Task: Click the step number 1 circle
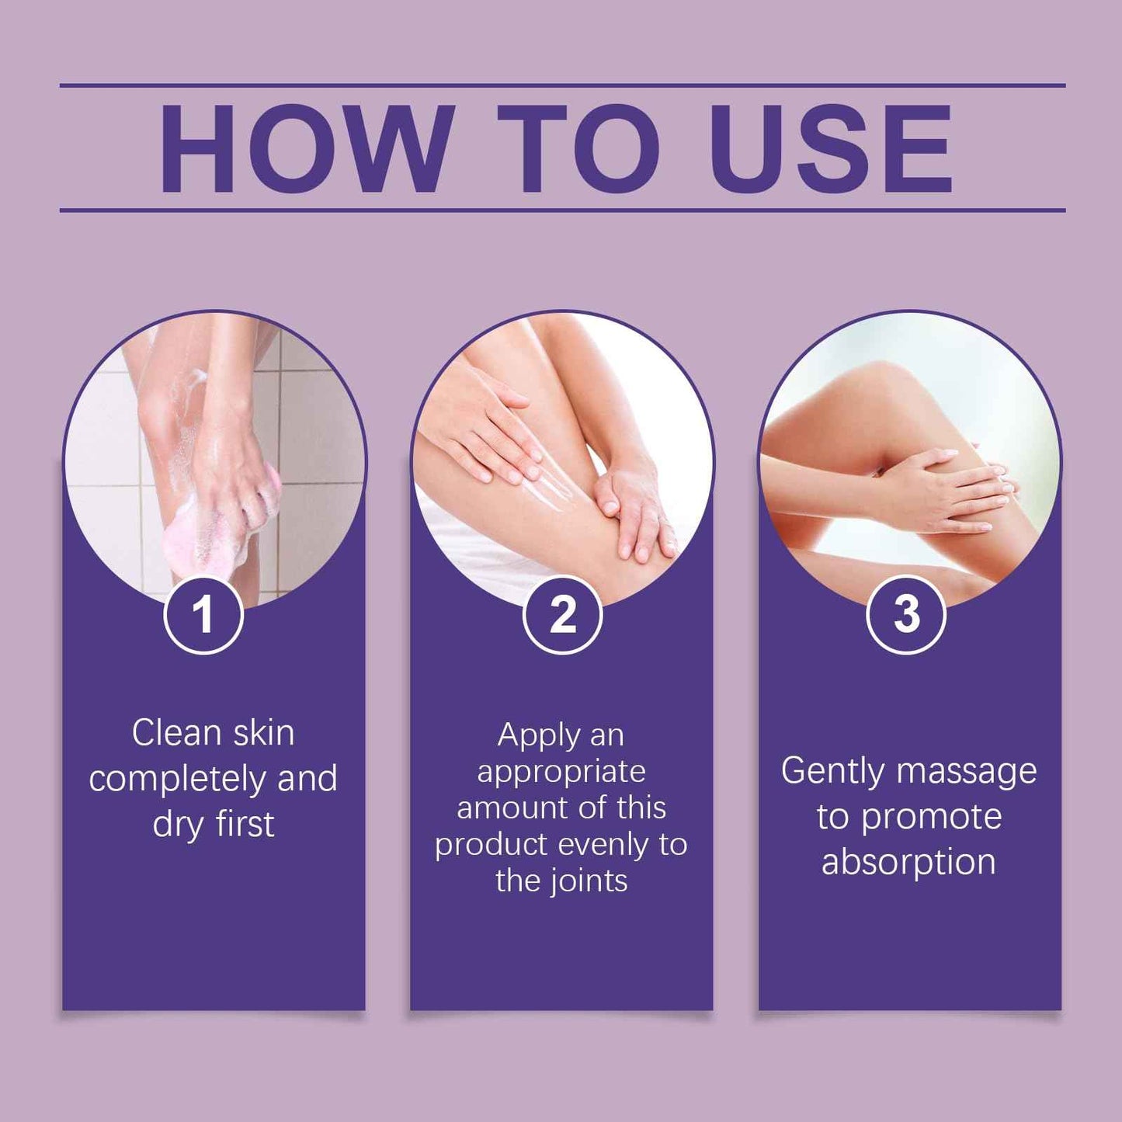click(203, 615)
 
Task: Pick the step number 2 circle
click(562, 615)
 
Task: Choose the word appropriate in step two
click(561, 772)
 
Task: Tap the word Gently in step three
click(832, 772)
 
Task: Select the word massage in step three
click(966, 772)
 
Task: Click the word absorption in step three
click(908, 863)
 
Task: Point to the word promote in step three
click(932, 818)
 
